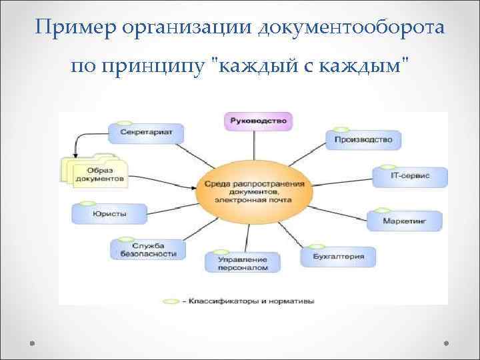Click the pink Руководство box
click(x=259, y=121)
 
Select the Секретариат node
click(x=146, y=132)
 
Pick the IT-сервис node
click(x=409, y=176)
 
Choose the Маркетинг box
click(x=403, y=219)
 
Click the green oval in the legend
click(x=171, y=301)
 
